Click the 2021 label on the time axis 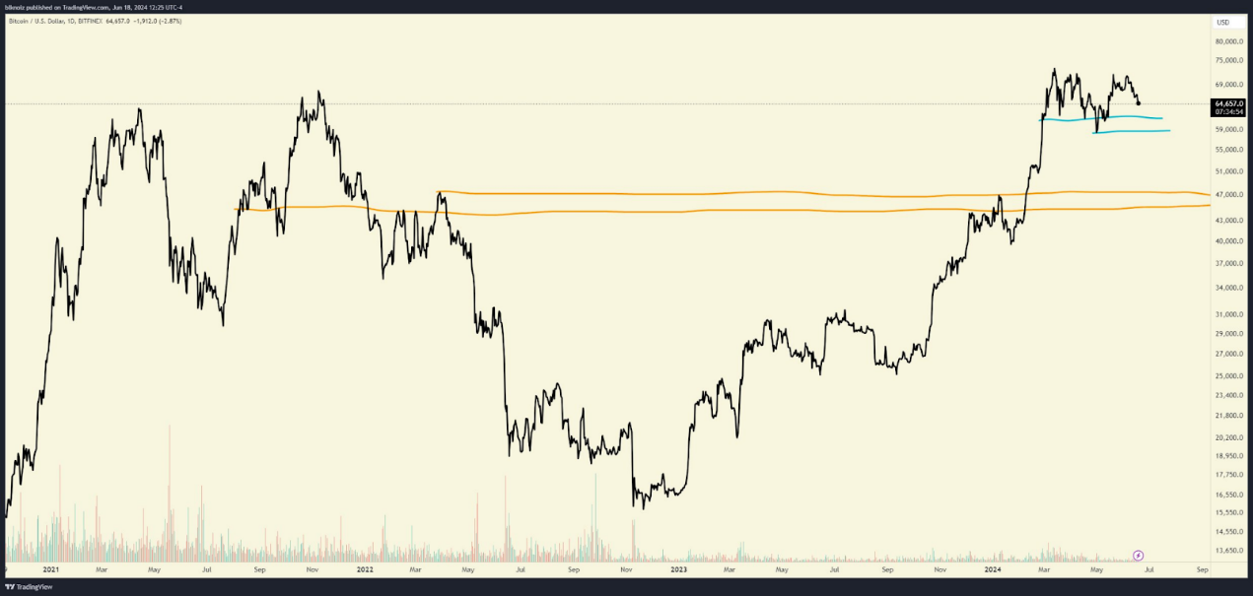pyautogui.click(x=50, y=569)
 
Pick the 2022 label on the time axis pyautogui.click(x=365, y=569)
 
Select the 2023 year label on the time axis pyautogui.click(x=678, y=569)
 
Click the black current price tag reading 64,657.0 pyautogui.click(x=1228, y=102)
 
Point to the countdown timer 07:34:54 pyautogui.click(x=1228, y=112)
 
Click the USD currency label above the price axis pyautogui.click(x=1222, y=22)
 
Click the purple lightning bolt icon pyautogui.click(x=1139, y=555)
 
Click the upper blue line pyautogui.click(x=1104, y=118)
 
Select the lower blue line pyautogui.click(x=1134, y=131)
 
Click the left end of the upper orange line pyautogui.click(x=439, y=192)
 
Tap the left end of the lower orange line pyautogui.click(x=235, y=209)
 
